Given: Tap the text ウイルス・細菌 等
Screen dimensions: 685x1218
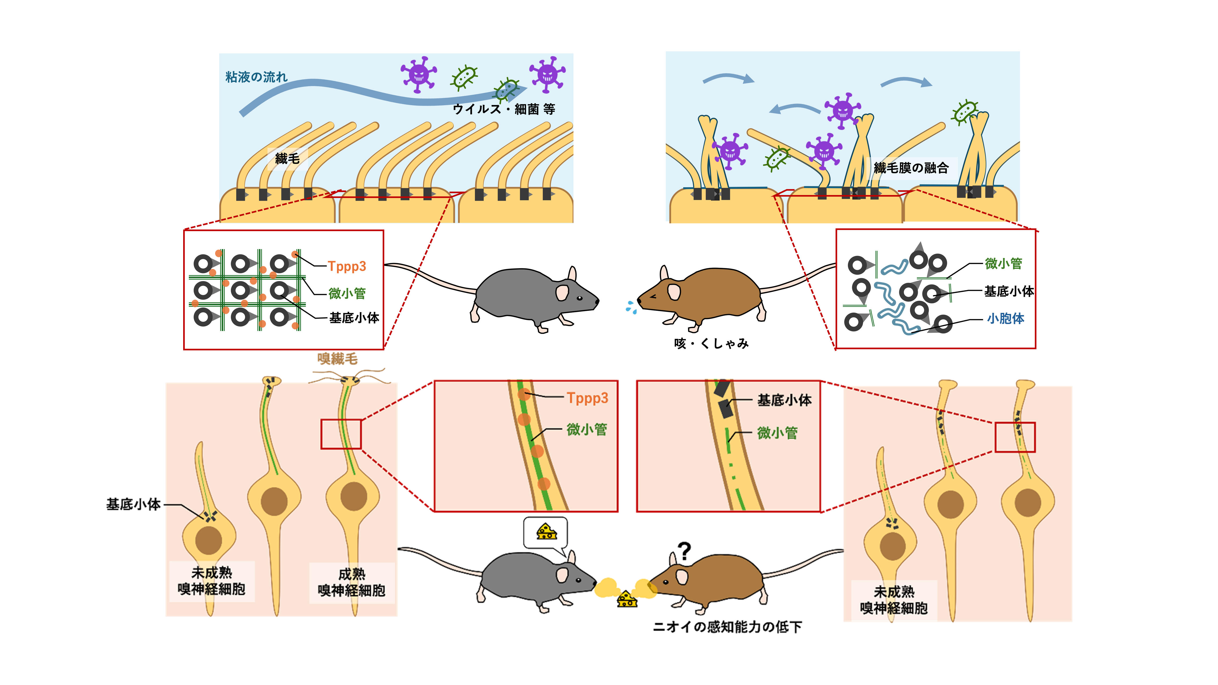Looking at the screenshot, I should click(x=504, y=109).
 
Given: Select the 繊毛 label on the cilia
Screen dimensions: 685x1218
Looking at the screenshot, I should click(x=287, y=158).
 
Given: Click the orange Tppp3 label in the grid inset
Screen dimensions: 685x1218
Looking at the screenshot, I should click(x=347, y=266).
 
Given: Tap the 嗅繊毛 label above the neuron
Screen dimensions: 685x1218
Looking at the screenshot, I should click(x=337, y=359).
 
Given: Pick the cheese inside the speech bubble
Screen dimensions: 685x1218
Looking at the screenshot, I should click(x=546, y=532).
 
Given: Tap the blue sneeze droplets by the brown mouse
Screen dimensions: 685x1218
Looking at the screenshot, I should click(x=631, y=307).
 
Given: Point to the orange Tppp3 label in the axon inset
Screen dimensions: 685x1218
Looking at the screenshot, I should click(x=587, y=398).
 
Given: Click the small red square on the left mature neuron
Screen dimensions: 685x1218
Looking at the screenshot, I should click(x=341, y=434).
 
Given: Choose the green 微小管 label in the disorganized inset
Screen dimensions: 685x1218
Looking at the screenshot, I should click(x=1003, y=263).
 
